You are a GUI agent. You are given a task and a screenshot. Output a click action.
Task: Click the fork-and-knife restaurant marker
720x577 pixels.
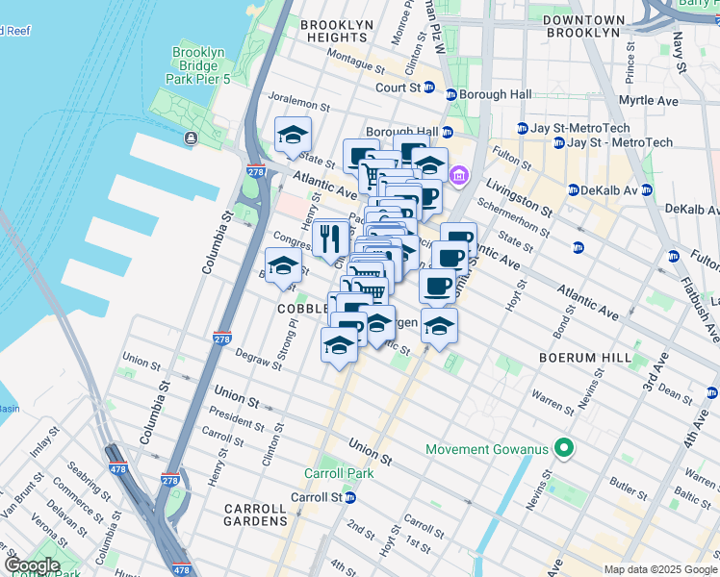click(x=330, y=238)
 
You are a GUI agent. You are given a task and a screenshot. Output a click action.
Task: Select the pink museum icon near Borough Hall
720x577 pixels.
click(x=458, y=175)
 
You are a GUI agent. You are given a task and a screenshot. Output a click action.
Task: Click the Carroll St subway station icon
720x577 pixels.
click(x=351, y=497)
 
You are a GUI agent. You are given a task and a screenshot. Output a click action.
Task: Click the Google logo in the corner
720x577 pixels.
click(x=31, y=565)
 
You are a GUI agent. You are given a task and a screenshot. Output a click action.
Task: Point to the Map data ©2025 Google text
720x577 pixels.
click(x=659, y=569)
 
